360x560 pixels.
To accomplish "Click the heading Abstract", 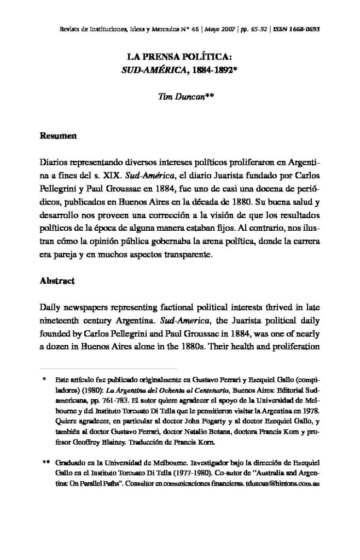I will pos(57,282).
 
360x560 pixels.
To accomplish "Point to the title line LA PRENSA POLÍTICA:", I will pos(180,57).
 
